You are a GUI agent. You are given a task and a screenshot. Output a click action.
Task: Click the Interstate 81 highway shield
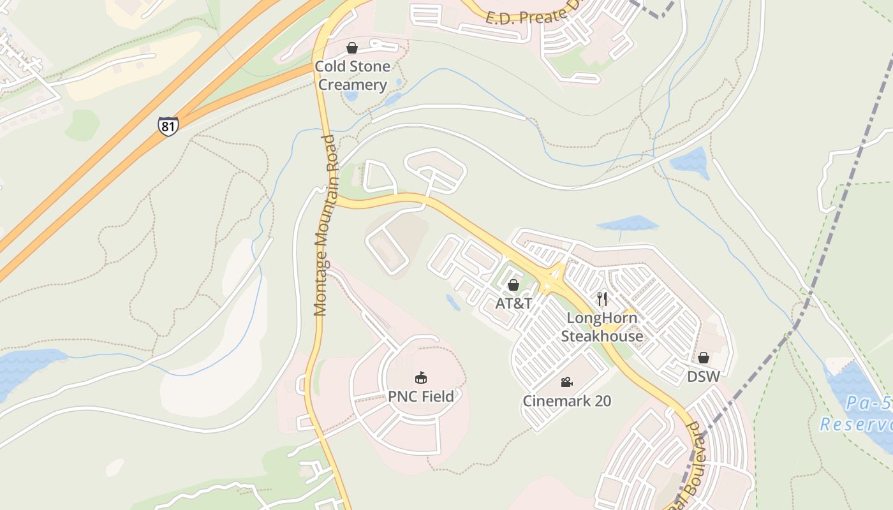(x=168, y=126)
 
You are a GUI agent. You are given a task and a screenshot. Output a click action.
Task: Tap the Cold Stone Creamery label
(x=352, y=76)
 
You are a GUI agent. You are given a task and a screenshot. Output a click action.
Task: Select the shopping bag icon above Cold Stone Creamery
(x=351, y=48)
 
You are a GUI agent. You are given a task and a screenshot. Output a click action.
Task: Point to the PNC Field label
(x=421, y=397)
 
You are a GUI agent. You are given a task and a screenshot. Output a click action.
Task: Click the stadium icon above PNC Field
(x=420, y=378)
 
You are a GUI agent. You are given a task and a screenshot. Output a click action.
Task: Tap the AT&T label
(x=513, y=303)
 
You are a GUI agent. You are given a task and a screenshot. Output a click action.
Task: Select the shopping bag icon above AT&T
(x=513, y=285)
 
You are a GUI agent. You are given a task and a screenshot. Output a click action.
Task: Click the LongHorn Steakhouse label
(x=601, y=327)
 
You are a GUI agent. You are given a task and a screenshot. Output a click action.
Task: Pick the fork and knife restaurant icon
(x=601, y=298)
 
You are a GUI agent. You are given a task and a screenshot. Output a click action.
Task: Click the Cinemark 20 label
(x=566, y=401)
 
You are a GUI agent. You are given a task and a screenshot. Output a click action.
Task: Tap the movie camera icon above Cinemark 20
(x=566, y=382)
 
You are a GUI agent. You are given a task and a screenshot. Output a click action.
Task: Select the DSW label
(x=703, y=377)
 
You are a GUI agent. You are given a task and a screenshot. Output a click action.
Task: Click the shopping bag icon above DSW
(x=703, y=358)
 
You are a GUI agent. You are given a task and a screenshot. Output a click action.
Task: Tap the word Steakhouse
(x=601, y=336)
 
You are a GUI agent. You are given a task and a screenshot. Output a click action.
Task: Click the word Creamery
(x=352, y=85)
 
